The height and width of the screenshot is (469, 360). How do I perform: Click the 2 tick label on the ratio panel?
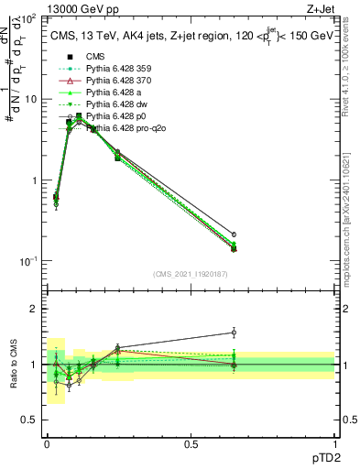pos(35,310)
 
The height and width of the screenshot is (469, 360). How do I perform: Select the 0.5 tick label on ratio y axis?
pos(30,420)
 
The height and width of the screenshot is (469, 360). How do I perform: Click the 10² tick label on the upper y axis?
pos(28,19)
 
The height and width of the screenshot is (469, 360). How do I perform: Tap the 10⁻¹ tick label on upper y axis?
pos(27,262)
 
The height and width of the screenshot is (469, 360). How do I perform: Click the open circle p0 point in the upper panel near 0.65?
pos(234,234)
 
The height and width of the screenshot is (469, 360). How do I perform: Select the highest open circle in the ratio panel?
pos(234,333)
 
